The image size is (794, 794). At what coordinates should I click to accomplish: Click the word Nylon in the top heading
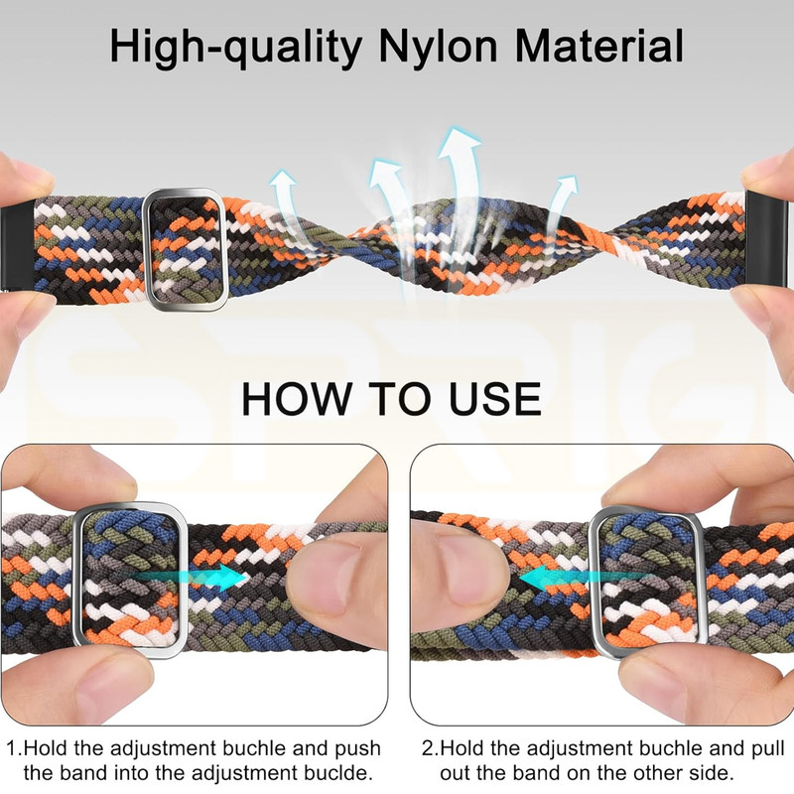tap(438, 47)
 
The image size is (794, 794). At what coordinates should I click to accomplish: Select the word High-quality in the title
tap(235, 48)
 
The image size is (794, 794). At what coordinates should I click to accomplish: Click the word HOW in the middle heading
tap(297, 399)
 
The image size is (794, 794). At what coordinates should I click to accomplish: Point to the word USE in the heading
tap(494, 399)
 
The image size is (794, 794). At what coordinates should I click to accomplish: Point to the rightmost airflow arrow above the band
tap(561, 202)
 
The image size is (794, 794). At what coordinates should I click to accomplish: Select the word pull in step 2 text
tap(768, 749)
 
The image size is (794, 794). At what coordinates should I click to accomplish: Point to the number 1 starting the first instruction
tap(12, 748)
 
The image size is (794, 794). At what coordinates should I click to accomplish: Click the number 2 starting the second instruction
tap(428, 748)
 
